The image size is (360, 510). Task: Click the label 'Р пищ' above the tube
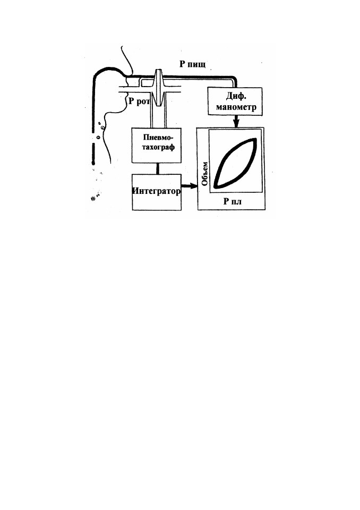click(193, 64)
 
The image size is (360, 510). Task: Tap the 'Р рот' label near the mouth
click(139, 101)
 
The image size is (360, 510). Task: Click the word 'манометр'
click(236, 107)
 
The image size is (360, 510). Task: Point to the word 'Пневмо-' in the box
click(157, 137)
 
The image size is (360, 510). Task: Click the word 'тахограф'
click(157, 147)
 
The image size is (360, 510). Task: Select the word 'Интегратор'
click(157, 191)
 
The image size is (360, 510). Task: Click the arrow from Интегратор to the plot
click(189, 186)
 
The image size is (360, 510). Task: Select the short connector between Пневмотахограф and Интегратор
click(158, 168)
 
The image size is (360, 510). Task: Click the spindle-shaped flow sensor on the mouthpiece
click(158, 88)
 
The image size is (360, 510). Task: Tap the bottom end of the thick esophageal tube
click(93, 163)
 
